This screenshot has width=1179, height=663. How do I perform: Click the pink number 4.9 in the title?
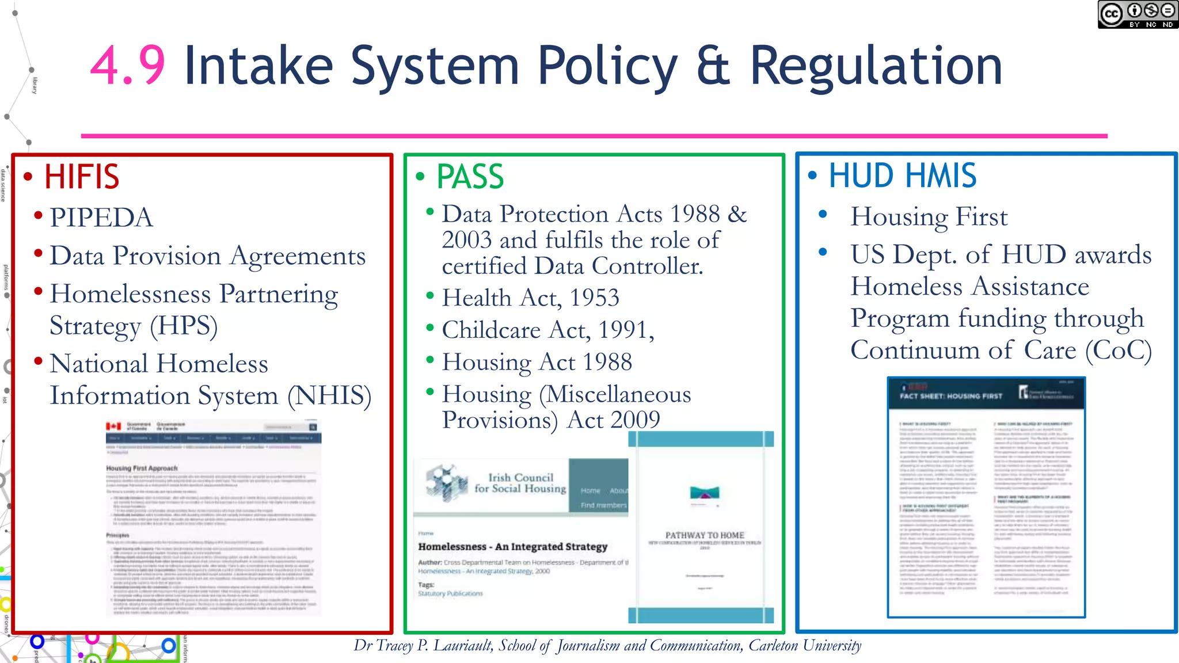pos(128,66)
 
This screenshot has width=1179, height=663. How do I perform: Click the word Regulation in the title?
pos(876,66)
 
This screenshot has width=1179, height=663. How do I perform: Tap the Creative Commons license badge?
pos(1137,15)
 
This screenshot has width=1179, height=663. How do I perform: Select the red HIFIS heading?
pos(82,177)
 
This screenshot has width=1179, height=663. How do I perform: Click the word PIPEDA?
pos(101,218)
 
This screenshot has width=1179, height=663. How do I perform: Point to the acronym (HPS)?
pos(184,326)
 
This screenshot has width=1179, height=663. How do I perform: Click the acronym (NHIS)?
pos(329,395)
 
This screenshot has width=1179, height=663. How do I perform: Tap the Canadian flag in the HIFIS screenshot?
pos(113,426)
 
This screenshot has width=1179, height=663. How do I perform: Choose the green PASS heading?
pos(470,177)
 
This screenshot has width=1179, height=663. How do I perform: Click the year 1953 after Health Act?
pos(594,298)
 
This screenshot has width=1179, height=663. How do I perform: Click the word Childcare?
pos(491,330)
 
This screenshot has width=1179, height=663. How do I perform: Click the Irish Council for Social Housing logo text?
pos(520,483)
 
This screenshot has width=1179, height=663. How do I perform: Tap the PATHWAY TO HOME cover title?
pos(705,535)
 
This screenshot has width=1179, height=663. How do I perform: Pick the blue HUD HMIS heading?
pos(902,176)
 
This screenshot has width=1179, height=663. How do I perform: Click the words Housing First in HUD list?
pos(929,217)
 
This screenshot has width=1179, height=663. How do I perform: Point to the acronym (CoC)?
pos(1118,350)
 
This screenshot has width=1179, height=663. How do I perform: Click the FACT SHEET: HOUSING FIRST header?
pos(950,396)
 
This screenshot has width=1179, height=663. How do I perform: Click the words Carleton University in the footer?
pos(804,646)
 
